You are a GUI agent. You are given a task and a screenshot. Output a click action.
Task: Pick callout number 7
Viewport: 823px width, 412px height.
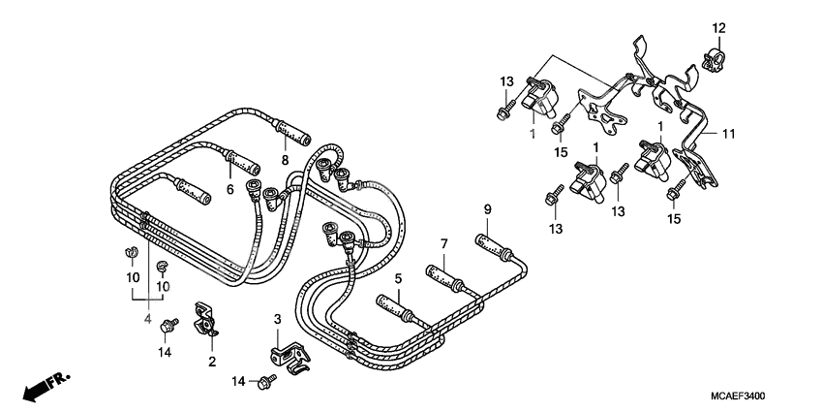pos(444,242)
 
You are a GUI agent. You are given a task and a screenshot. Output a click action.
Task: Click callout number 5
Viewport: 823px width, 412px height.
pos(397,279)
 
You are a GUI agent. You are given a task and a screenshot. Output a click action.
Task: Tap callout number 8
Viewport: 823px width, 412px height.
pos(286,159)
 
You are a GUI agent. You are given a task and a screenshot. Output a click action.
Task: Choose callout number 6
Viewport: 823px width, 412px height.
pos(230,190)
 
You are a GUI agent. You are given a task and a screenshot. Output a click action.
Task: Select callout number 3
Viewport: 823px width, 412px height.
pos(276,319)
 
